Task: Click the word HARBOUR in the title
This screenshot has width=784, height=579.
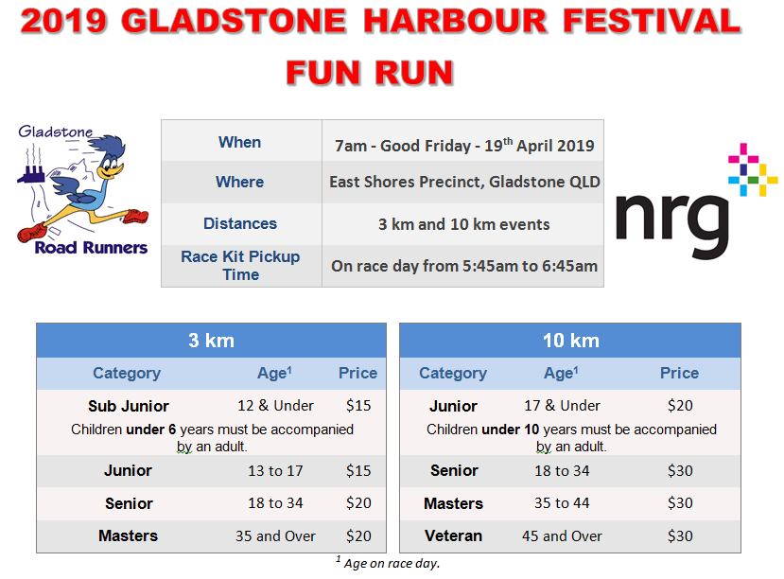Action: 455,22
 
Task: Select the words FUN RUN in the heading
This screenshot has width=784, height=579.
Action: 370,73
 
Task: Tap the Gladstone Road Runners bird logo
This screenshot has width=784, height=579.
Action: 82,190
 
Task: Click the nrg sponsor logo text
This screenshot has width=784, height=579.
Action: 672,225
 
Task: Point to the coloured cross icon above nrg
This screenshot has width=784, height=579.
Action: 753,169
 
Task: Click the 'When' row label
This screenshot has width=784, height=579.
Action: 239,142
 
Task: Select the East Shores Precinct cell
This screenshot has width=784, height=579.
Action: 464,182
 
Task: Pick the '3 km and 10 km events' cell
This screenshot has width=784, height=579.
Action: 463,224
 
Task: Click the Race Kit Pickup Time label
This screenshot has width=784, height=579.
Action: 240,266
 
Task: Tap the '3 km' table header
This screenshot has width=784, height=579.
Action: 211,341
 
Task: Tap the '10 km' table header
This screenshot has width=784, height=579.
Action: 570,341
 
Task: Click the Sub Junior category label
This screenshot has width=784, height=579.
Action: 129,406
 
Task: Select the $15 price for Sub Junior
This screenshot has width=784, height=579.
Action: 358,406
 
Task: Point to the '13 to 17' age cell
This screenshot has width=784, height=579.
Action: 275,470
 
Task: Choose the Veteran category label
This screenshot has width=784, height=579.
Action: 454,536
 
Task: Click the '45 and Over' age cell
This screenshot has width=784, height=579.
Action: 562,536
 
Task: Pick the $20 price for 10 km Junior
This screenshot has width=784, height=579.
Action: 680,406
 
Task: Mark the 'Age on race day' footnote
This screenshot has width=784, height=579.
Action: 388,563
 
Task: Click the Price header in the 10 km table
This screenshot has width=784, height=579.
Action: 679,373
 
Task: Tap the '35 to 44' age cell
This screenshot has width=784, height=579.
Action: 562,503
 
